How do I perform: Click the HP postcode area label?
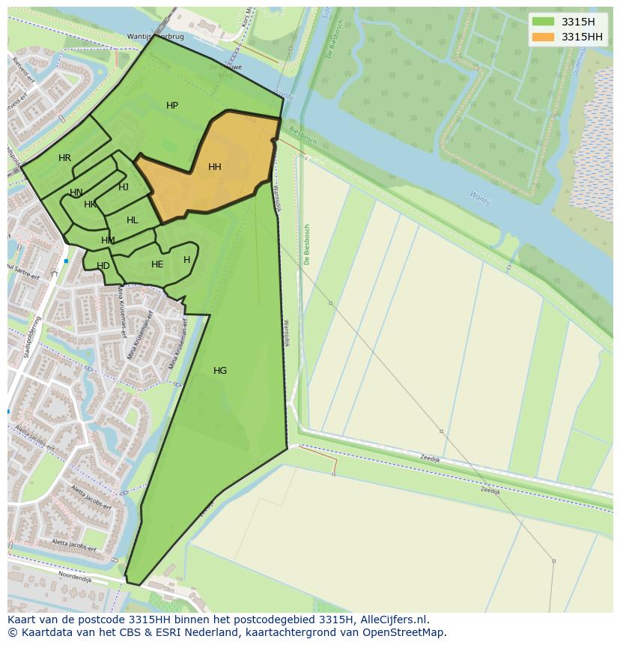click(172, 106)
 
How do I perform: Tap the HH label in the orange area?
click(215, 167)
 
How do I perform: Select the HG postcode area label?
click(220, 371)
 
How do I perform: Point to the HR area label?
click(64, 158)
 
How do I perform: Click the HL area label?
click(133, 220)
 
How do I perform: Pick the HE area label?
click(157, 264)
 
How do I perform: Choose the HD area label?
click(103, 266)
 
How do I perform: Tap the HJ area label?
click(124, 187)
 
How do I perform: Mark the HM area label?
click(108, 240)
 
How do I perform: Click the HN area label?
click(76, 193)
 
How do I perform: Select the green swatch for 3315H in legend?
click(544, 22)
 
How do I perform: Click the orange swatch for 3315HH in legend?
click(544, 37)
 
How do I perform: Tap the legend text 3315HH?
click(582, 37)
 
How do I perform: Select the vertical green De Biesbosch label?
click(307, 244)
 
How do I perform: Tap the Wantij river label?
click(479, 198)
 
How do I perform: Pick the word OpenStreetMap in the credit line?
click(408, 632)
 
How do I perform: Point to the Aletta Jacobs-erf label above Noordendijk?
click(74, 545)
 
